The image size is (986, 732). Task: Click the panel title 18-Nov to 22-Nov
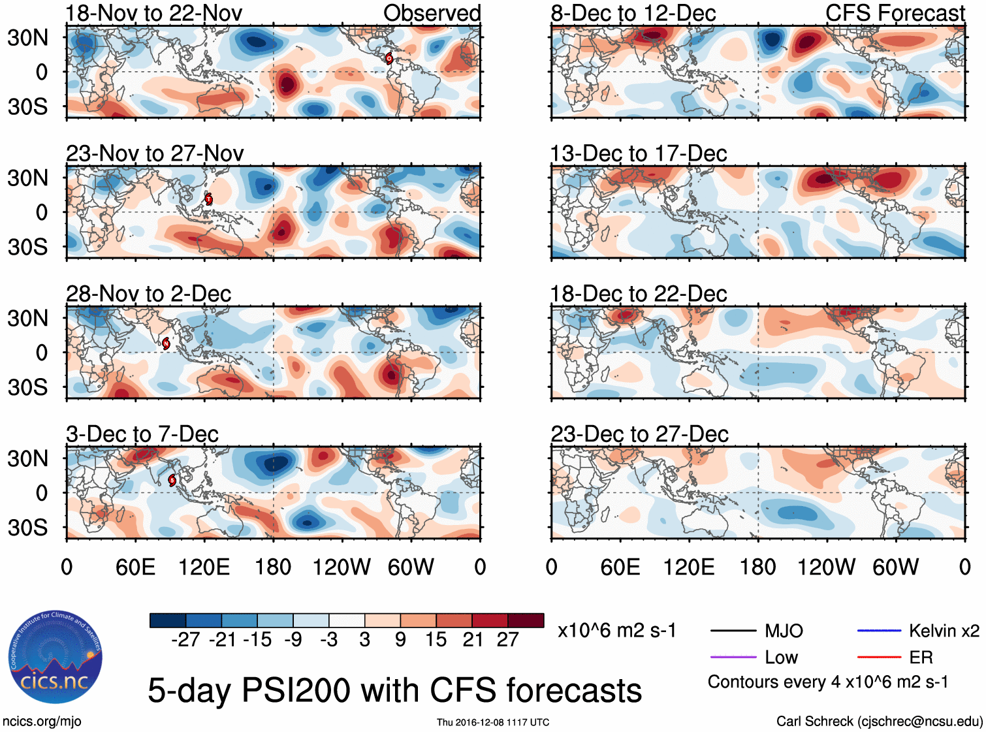coord(154,13)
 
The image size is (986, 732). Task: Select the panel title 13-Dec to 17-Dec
coord(639,153)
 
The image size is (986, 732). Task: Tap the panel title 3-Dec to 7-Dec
coord(142,434)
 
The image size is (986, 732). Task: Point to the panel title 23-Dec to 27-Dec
coord(639,434)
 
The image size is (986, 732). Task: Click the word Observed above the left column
coord(432,13)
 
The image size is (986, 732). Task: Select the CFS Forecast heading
coord(895,13)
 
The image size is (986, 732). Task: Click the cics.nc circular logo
coord(55,657)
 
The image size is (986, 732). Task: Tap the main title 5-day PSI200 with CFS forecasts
coord(394,690)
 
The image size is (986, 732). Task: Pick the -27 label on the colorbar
coord(185,639)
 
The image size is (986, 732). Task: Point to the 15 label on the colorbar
coord(436,639)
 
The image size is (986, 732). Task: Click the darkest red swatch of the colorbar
coord(526,620)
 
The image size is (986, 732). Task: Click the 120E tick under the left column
coord(204,567)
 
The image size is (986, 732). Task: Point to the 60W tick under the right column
coord(895,567)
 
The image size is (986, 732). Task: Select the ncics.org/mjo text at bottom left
coord(42,721)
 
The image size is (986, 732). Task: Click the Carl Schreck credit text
coord(879,721)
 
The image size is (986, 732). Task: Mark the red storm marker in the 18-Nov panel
coord(389,58)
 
